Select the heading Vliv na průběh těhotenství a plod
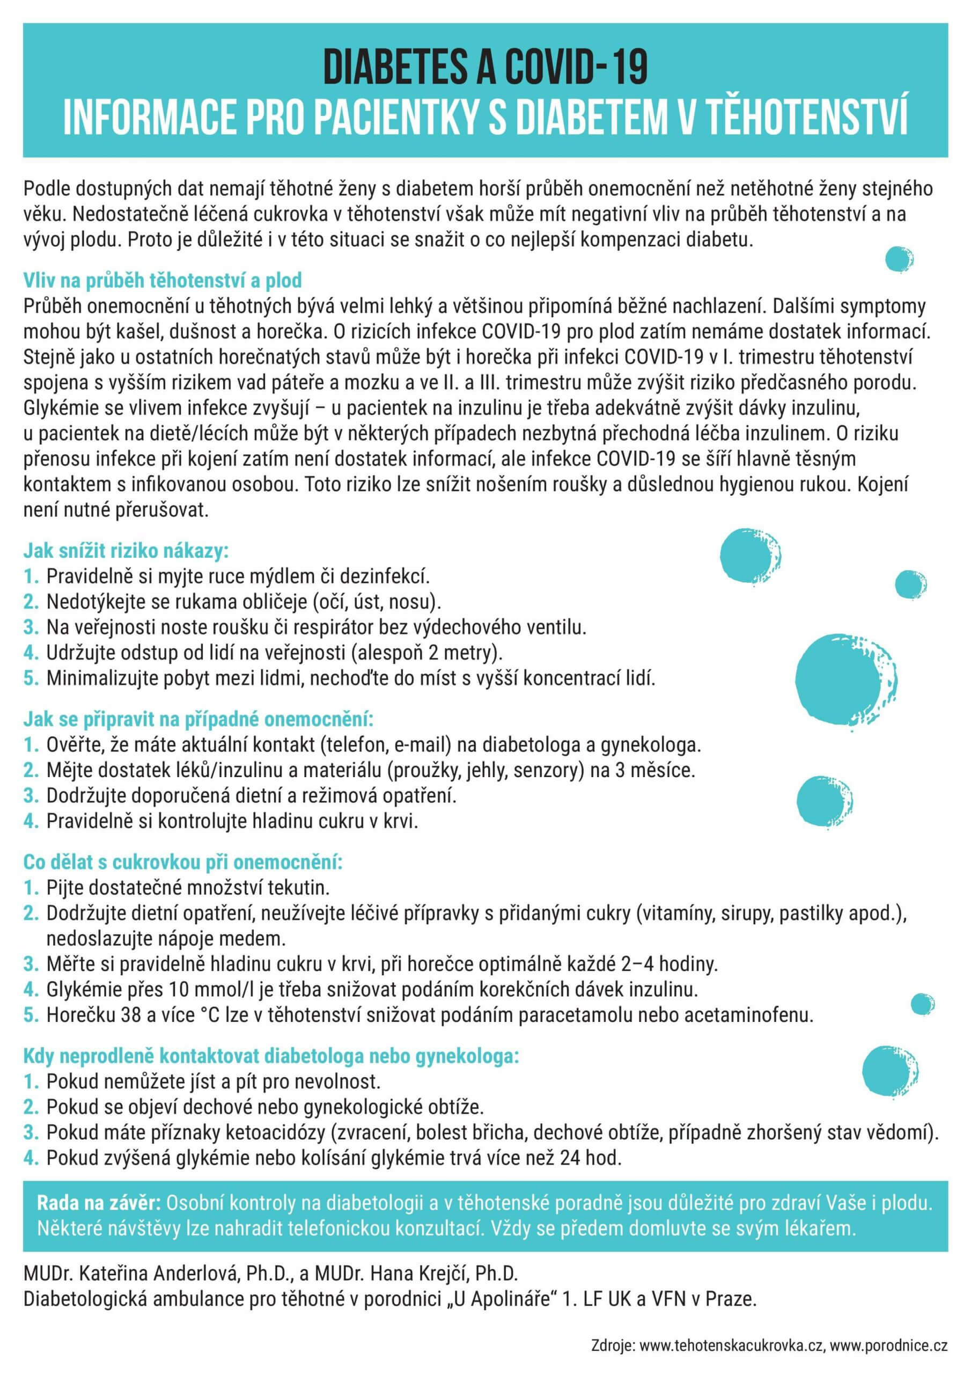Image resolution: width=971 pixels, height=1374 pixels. coord(163,280)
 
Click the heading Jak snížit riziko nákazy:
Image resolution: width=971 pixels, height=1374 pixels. coord(126,550)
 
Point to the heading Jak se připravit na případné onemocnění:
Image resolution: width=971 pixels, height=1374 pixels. coord(198,718)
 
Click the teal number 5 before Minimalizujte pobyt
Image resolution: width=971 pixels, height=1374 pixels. coord(31,678)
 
